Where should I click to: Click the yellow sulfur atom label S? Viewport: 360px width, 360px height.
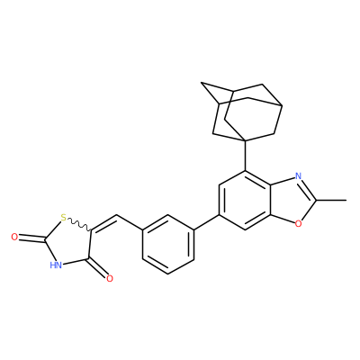[63, 217]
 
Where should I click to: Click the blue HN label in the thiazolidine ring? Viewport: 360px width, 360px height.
[56, 265]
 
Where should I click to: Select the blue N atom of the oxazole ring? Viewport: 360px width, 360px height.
[298, 176]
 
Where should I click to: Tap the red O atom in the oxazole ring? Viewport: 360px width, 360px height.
[298, 223]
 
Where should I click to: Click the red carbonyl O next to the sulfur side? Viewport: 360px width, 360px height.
[14, 237]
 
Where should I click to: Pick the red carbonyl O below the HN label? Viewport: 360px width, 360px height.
[110, 279]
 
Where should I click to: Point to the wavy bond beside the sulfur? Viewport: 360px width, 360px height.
[79, 224]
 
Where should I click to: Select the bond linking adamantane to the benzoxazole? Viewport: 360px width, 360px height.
[246, 156]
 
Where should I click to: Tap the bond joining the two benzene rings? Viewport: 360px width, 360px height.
[206, 222]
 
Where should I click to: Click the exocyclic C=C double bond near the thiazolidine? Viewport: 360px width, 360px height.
[103, 222]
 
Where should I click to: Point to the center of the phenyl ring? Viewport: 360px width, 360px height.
[168, 245]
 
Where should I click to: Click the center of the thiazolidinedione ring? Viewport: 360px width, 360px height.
[67, 243]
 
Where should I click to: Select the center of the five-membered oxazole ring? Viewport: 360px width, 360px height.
[291, 200]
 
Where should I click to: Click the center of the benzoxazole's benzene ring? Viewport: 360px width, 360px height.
[246, 200]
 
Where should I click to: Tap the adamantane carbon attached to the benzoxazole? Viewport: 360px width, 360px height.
[246, 140]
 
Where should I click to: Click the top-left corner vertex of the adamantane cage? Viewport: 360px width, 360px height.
[201, 83]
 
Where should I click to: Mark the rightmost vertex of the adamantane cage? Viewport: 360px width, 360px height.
[282, 105]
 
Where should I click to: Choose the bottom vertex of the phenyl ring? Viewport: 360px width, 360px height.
[168, 274]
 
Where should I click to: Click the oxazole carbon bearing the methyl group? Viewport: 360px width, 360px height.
[315, 200]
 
